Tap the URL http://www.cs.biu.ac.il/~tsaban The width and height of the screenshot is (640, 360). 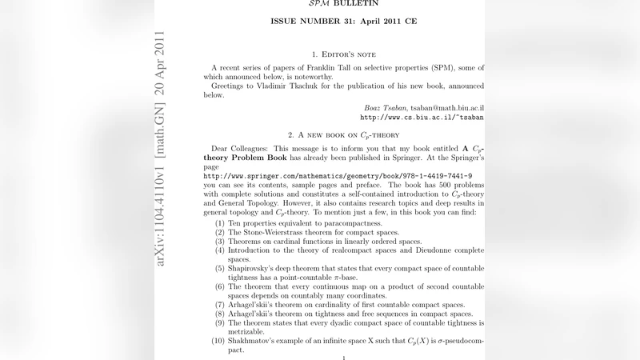tap(422, 117)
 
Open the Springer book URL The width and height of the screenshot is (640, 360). tap(338, 174)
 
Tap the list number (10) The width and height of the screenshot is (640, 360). tap(218, 342)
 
